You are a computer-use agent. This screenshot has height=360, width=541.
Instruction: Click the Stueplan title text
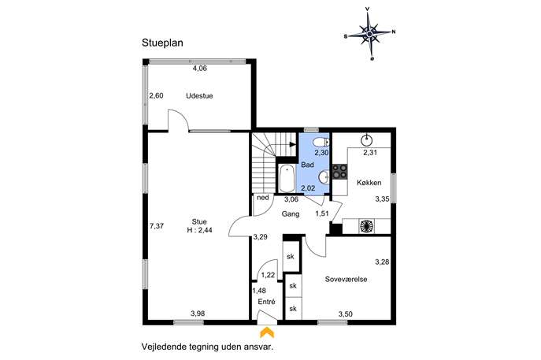[162, 43]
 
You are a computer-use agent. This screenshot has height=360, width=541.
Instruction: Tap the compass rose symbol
[369, 34]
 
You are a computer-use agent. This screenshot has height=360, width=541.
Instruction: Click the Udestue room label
[199, 96]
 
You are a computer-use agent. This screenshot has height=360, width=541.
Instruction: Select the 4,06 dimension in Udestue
[200, 69]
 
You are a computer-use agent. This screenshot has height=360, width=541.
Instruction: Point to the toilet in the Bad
[321, 143]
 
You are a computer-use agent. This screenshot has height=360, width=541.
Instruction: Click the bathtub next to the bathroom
[287, 179]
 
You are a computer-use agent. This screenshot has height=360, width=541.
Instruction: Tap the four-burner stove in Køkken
[339, 171]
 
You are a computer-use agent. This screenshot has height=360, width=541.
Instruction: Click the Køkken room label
[369, 183]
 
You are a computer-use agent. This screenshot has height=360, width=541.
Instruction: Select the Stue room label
[199, 222]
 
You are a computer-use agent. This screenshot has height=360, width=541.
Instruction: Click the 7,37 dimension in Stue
[157, 226]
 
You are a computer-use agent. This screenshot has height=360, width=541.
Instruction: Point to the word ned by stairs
[263, 198]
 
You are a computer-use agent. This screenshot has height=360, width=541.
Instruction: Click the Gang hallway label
[291, 214]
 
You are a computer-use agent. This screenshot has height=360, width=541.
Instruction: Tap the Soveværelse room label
[346, 279]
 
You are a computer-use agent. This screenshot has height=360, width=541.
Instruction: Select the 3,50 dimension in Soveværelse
[346, 314]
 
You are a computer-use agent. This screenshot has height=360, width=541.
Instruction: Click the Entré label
[267, 302]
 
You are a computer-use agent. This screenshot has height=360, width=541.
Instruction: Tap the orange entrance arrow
[267, 332]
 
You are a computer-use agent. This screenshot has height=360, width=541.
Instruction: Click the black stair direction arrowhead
[293, 144]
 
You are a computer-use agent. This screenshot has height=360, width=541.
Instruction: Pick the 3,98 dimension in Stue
[198, 314]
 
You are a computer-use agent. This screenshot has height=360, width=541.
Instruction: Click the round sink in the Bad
[324, 177]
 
